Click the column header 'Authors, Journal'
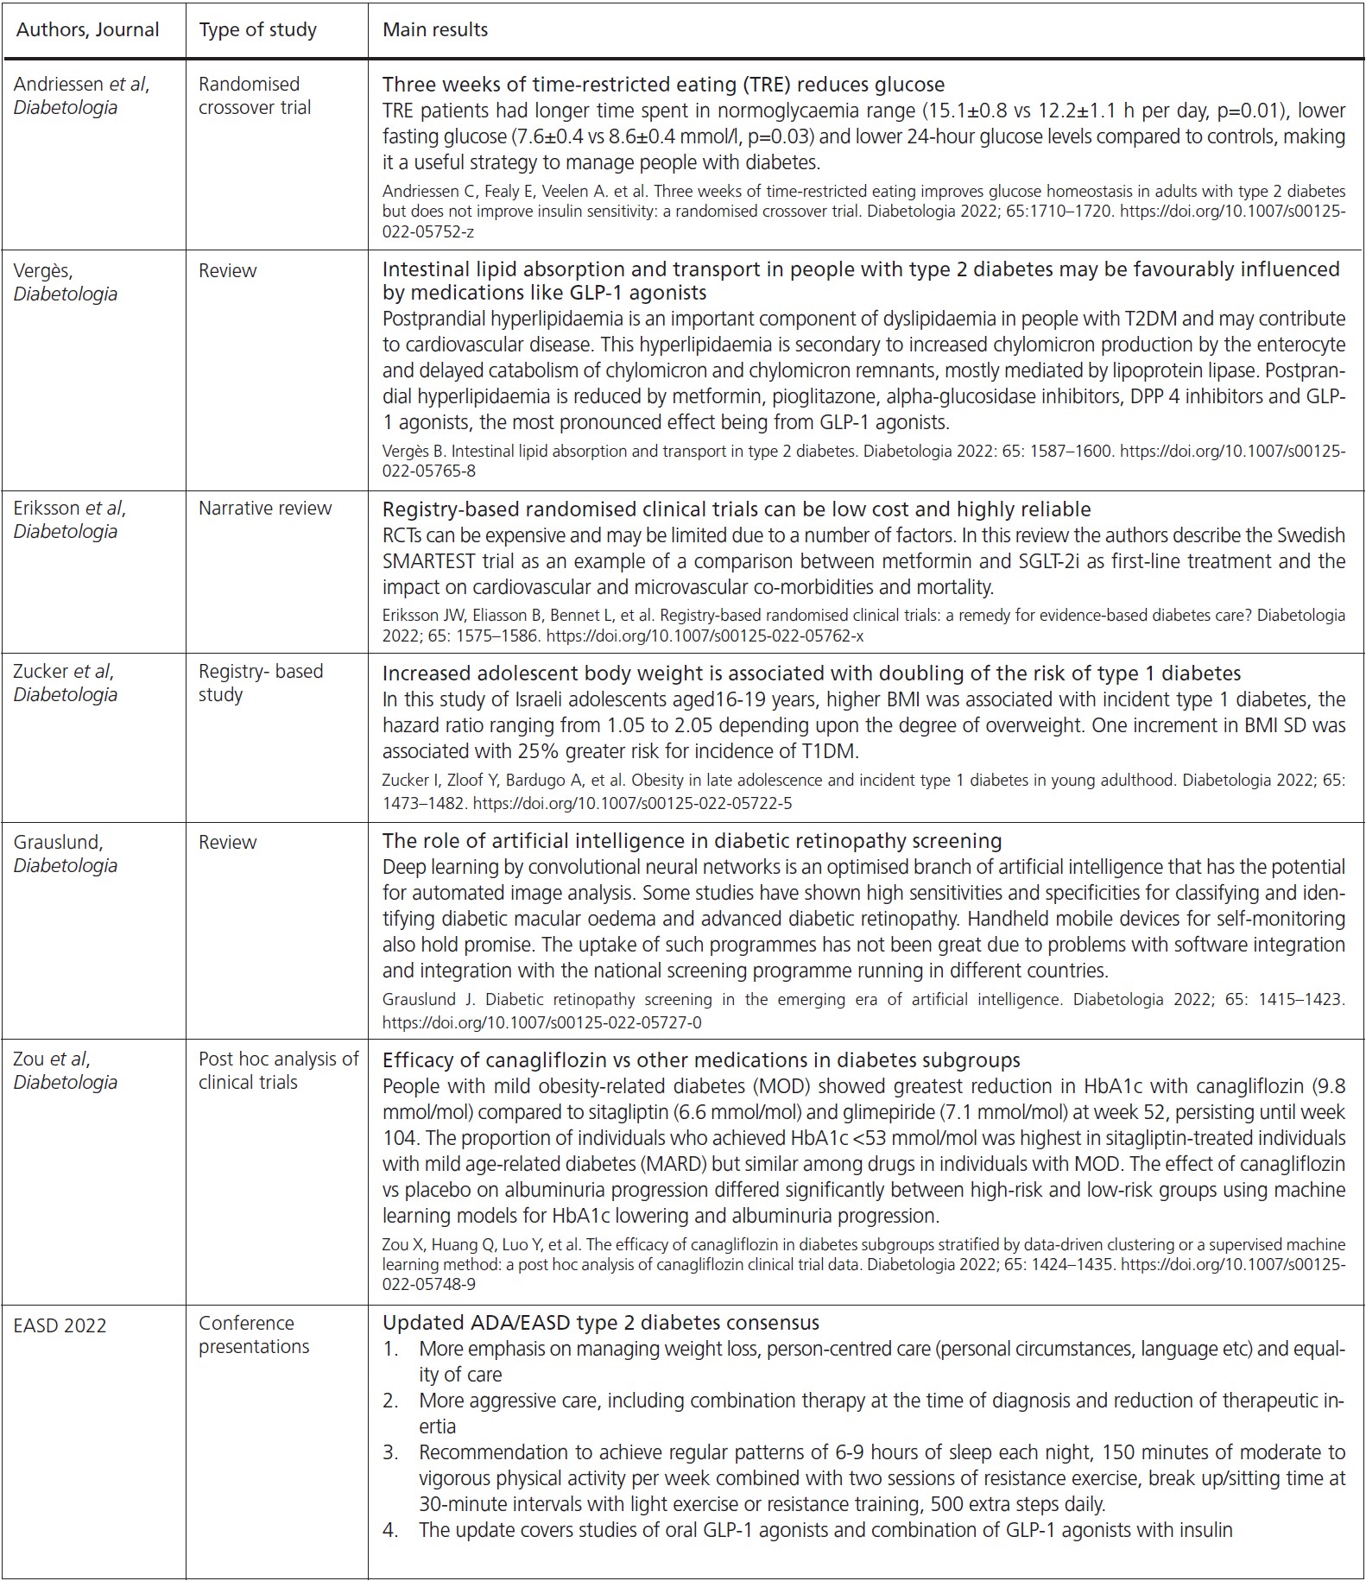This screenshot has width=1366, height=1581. coord(88,30)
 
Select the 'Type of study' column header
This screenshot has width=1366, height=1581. coord(257,30)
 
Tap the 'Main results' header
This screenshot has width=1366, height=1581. coord(435,30)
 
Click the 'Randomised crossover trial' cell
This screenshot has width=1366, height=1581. coord(255,96)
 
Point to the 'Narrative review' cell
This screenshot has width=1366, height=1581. coord(264,509)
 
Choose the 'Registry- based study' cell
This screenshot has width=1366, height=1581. coord(260,683)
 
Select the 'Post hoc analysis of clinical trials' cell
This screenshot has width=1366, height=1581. coord(278,1071)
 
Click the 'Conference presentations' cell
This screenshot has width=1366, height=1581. coord(253,1335)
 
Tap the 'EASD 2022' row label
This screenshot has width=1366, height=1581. coord(60,1326)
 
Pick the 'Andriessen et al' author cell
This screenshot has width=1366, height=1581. coord(81,85)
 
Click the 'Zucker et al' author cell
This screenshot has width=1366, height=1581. coord(63,672)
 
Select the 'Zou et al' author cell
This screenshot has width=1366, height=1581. coord(52,1059)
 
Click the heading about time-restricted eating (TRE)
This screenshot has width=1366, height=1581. coord(663,85)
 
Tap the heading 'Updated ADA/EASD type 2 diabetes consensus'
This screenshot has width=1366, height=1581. coord(600,1323)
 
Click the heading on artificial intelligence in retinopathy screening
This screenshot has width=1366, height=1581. coord(692,841)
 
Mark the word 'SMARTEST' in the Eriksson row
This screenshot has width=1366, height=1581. coord(428,561)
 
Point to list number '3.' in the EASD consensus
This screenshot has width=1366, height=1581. coord(391,1452)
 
